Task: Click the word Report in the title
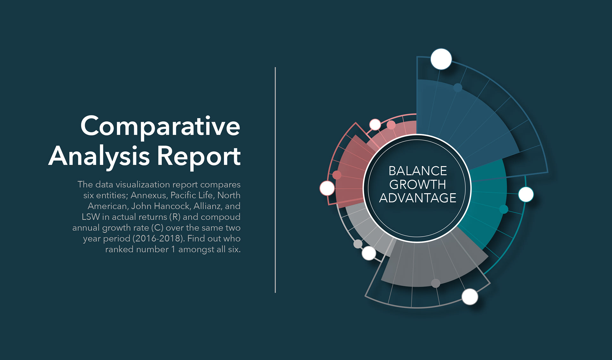tap(199, 157)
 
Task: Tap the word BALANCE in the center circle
tap(418, 171)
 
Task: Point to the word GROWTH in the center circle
tap(418, 184)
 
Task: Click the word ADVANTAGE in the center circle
tap(418, 198)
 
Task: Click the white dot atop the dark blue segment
tap(441, 59)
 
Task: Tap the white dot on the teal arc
tap(526, 194)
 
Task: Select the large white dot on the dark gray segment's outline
tap(470, 297)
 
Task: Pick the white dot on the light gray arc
tap(369, 253)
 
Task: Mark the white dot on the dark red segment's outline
tap(327, 188)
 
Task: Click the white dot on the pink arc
tap(375, 124)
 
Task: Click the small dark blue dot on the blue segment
tap(458, 87)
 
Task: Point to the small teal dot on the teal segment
tap(504, 209)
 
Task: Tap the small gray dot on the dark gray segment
tap(436, 283)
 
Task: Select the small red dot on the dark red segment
tap(337, 175)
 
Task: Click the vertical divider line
tap(275, 180)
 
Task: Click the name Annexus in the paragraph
tap(149, 195)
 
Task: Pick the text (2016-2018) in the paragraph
tap(158, 239)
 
